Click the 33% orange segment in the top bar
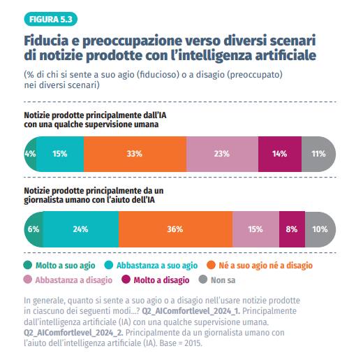coord(135,153)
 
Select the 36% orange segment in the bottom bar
coord(175,229)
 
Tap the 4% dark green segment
coord(30,153)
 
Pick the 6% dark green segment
coord(33,229)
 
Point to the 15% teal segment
coord(60,153)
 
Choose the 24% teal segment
coord(80,229)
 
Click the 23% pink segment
coord(222,153)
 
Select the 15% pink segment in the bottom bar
coord(255,229)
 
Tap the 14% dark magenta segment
coord(279,153)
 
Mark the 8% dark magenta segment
coord(292,229)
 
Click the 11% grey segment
coord(318,153)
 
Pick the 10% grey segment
coord(320,229)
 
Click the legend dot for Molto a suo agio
coord(29,265)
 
